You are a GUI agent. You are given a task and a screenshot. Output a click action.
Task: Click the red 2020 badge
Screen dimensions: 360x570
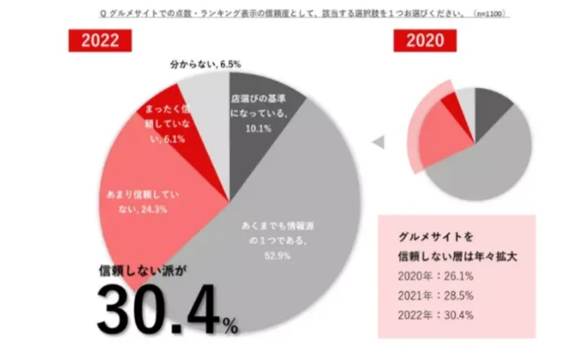click(424, 40)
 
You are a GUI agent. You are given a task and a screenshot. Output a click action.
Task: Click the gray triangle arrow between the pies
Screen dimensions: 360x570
click(379, 142)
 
